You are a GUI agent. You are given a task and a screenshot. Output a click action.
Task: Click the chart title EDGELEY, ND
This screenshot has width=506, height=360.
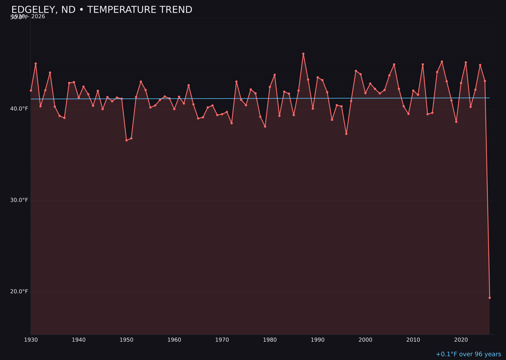[102, 10]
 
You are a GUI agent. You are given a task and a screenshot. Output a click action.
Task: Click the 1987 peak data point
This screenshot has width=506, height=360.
[303, 54]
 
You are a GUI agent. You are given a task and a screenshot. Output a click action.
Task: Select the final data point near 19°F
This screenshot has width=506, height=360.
[490, 298]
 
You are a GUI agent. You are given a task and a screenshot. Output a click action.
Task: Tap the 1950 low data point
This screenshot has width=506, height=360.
[126, 140]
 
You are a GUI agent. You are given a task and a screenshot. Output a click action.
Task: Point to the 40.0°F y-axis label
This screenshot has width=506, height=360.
[19, 109]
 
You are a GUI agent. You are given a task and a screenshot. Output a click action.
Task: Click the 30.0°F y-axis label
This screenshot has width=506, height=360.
[19, 200]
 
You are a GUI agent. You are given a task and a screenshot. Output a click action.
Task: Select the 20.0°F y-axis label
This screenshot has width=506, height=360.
[19, 292]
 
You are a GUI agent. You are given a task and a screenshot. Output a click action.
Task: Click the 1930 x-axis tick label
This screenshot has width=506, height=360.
[31, 340]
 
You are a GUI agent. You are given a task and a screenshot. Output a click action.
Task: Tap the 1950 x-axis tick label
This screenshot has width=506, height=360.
[126, 340]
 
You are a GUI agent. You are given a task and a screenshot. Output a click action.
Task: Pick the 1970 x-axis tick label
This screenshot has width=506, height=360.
[222, 340]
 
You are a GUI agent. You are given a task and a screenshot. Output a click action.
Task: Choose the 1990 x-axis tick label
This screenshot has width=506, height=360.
[318, 340]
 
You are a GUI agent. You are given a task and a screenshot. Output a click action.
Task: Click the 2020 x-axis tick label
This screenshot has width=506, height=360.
[461, 340]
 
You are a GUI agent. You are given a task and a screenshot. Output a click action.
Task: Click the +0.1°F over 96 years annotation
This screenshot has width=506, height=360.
[468, 354]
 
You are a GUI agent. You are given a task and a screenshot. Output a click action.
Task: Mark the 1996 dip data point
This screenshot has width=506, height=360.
[346, 134]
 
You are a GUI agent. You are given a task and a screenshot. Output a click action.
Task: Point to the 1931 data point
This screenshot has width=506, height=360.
[36, 64]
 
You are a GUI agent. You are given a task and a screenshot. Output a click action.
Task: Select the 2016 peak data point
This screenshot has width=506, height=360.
[442, 62]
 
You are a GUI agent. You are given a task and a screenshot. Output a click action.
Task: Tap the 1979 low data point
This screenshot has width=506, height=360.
[265, 127]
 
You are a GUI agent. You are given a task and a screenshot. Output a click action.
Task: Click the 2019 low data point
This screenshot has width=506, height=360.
[456, 121]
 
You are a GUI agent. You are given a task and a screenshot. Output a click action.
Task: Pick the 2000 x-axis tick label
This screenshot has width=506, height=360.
[365, 340]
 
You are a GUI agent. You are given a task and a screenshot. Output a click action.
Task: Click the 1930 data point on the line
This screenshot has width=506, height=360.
[31, 90]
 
